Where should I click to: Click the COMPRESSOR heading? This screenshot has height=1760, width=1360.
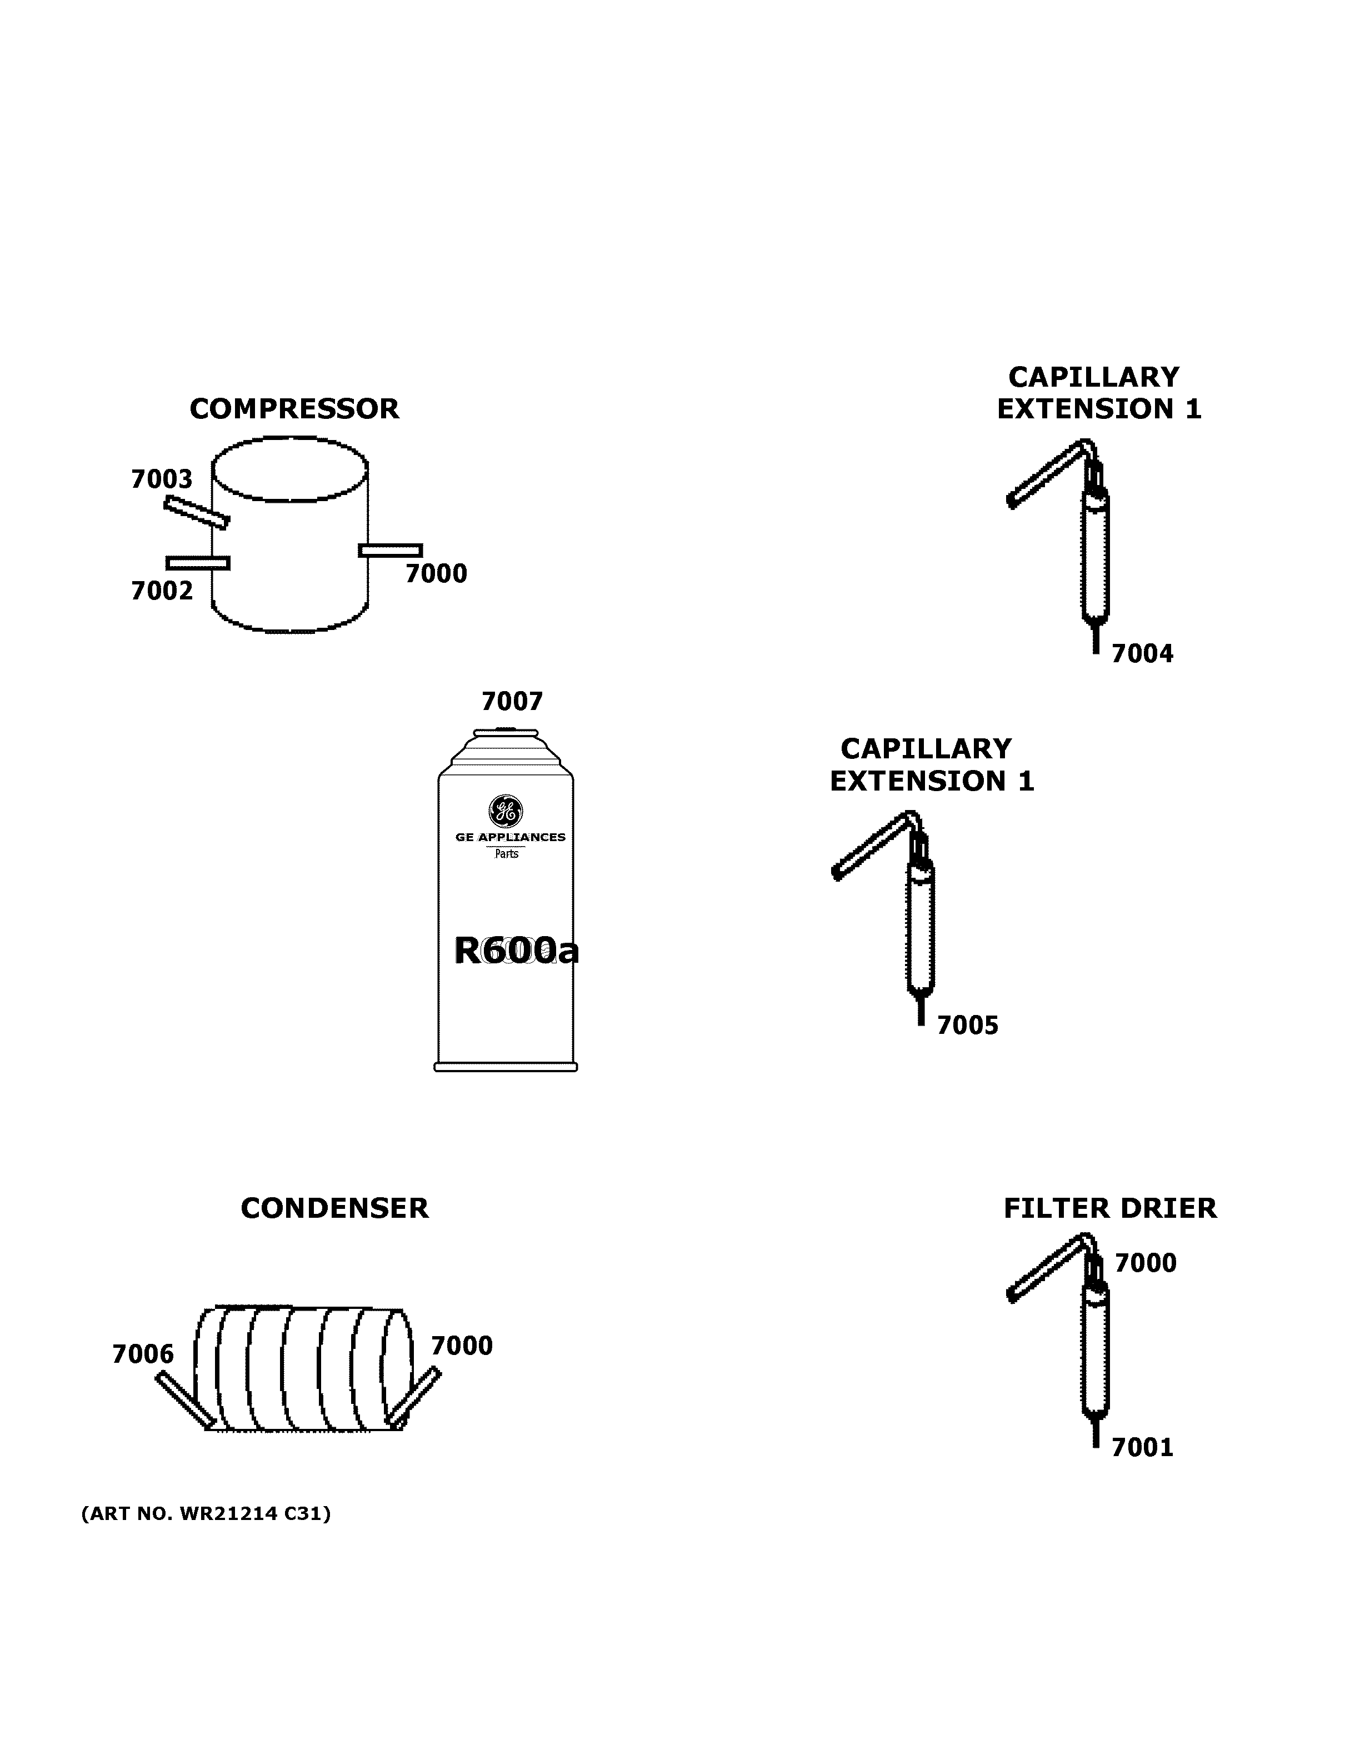click(294, 409)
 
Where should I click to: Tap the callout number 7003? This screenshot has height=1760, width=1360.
click(162, 479)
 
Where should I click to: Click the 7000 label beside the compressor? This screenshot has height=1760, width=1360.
click(436, 574)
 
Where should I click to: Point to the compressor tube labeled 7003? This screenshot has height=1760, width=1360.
click(197, 513)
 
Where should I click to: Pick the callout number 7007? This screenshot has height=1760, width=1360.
click(512, 701)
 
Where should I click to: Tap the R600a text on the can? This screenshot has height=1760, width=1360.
click(516, 951)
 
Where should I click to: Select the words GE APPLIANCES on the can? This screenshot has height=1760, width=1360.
click(510, 837)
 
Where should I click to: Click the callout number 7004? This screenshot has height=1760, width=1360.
click(1142, 653)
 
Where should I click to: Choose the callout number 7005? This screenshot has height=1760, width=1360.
click(967, 1026)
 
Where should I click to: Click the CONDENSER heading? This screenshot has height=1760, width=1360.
click(334, 1208)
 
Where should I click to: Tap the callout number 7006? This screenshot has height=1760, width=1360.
click(143, 1354)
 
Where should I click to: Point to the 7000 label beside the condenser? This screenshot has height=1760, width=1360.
click(462, 1346)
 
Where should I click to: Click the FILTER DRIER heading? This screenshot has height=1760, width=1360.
click(1109, 1208)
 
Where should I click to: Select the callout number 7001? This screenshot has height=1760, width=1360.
click(1142, 1448)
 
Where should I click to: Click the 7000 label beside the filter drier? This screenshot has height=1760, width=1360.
click(1145, 1263)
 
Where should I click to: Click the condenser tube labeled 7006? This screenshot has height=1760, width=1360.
click(184, 1400)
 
